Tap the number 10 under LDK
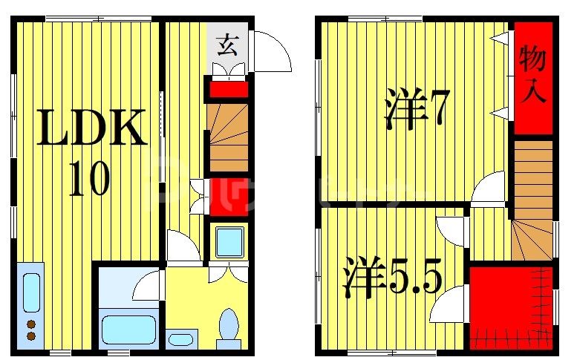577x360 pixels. coord(89,178)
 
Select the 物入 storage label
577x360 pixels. coord(533,74)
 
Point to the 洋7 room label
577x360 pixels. coord(417,110)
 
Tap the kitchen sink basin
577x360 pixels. coord(30,292)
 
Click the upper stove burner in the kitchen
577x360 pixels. coord(31,324)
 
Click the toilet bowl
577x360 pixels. coord(229,324)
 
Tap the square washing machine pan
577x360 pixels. coord(229,242)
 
